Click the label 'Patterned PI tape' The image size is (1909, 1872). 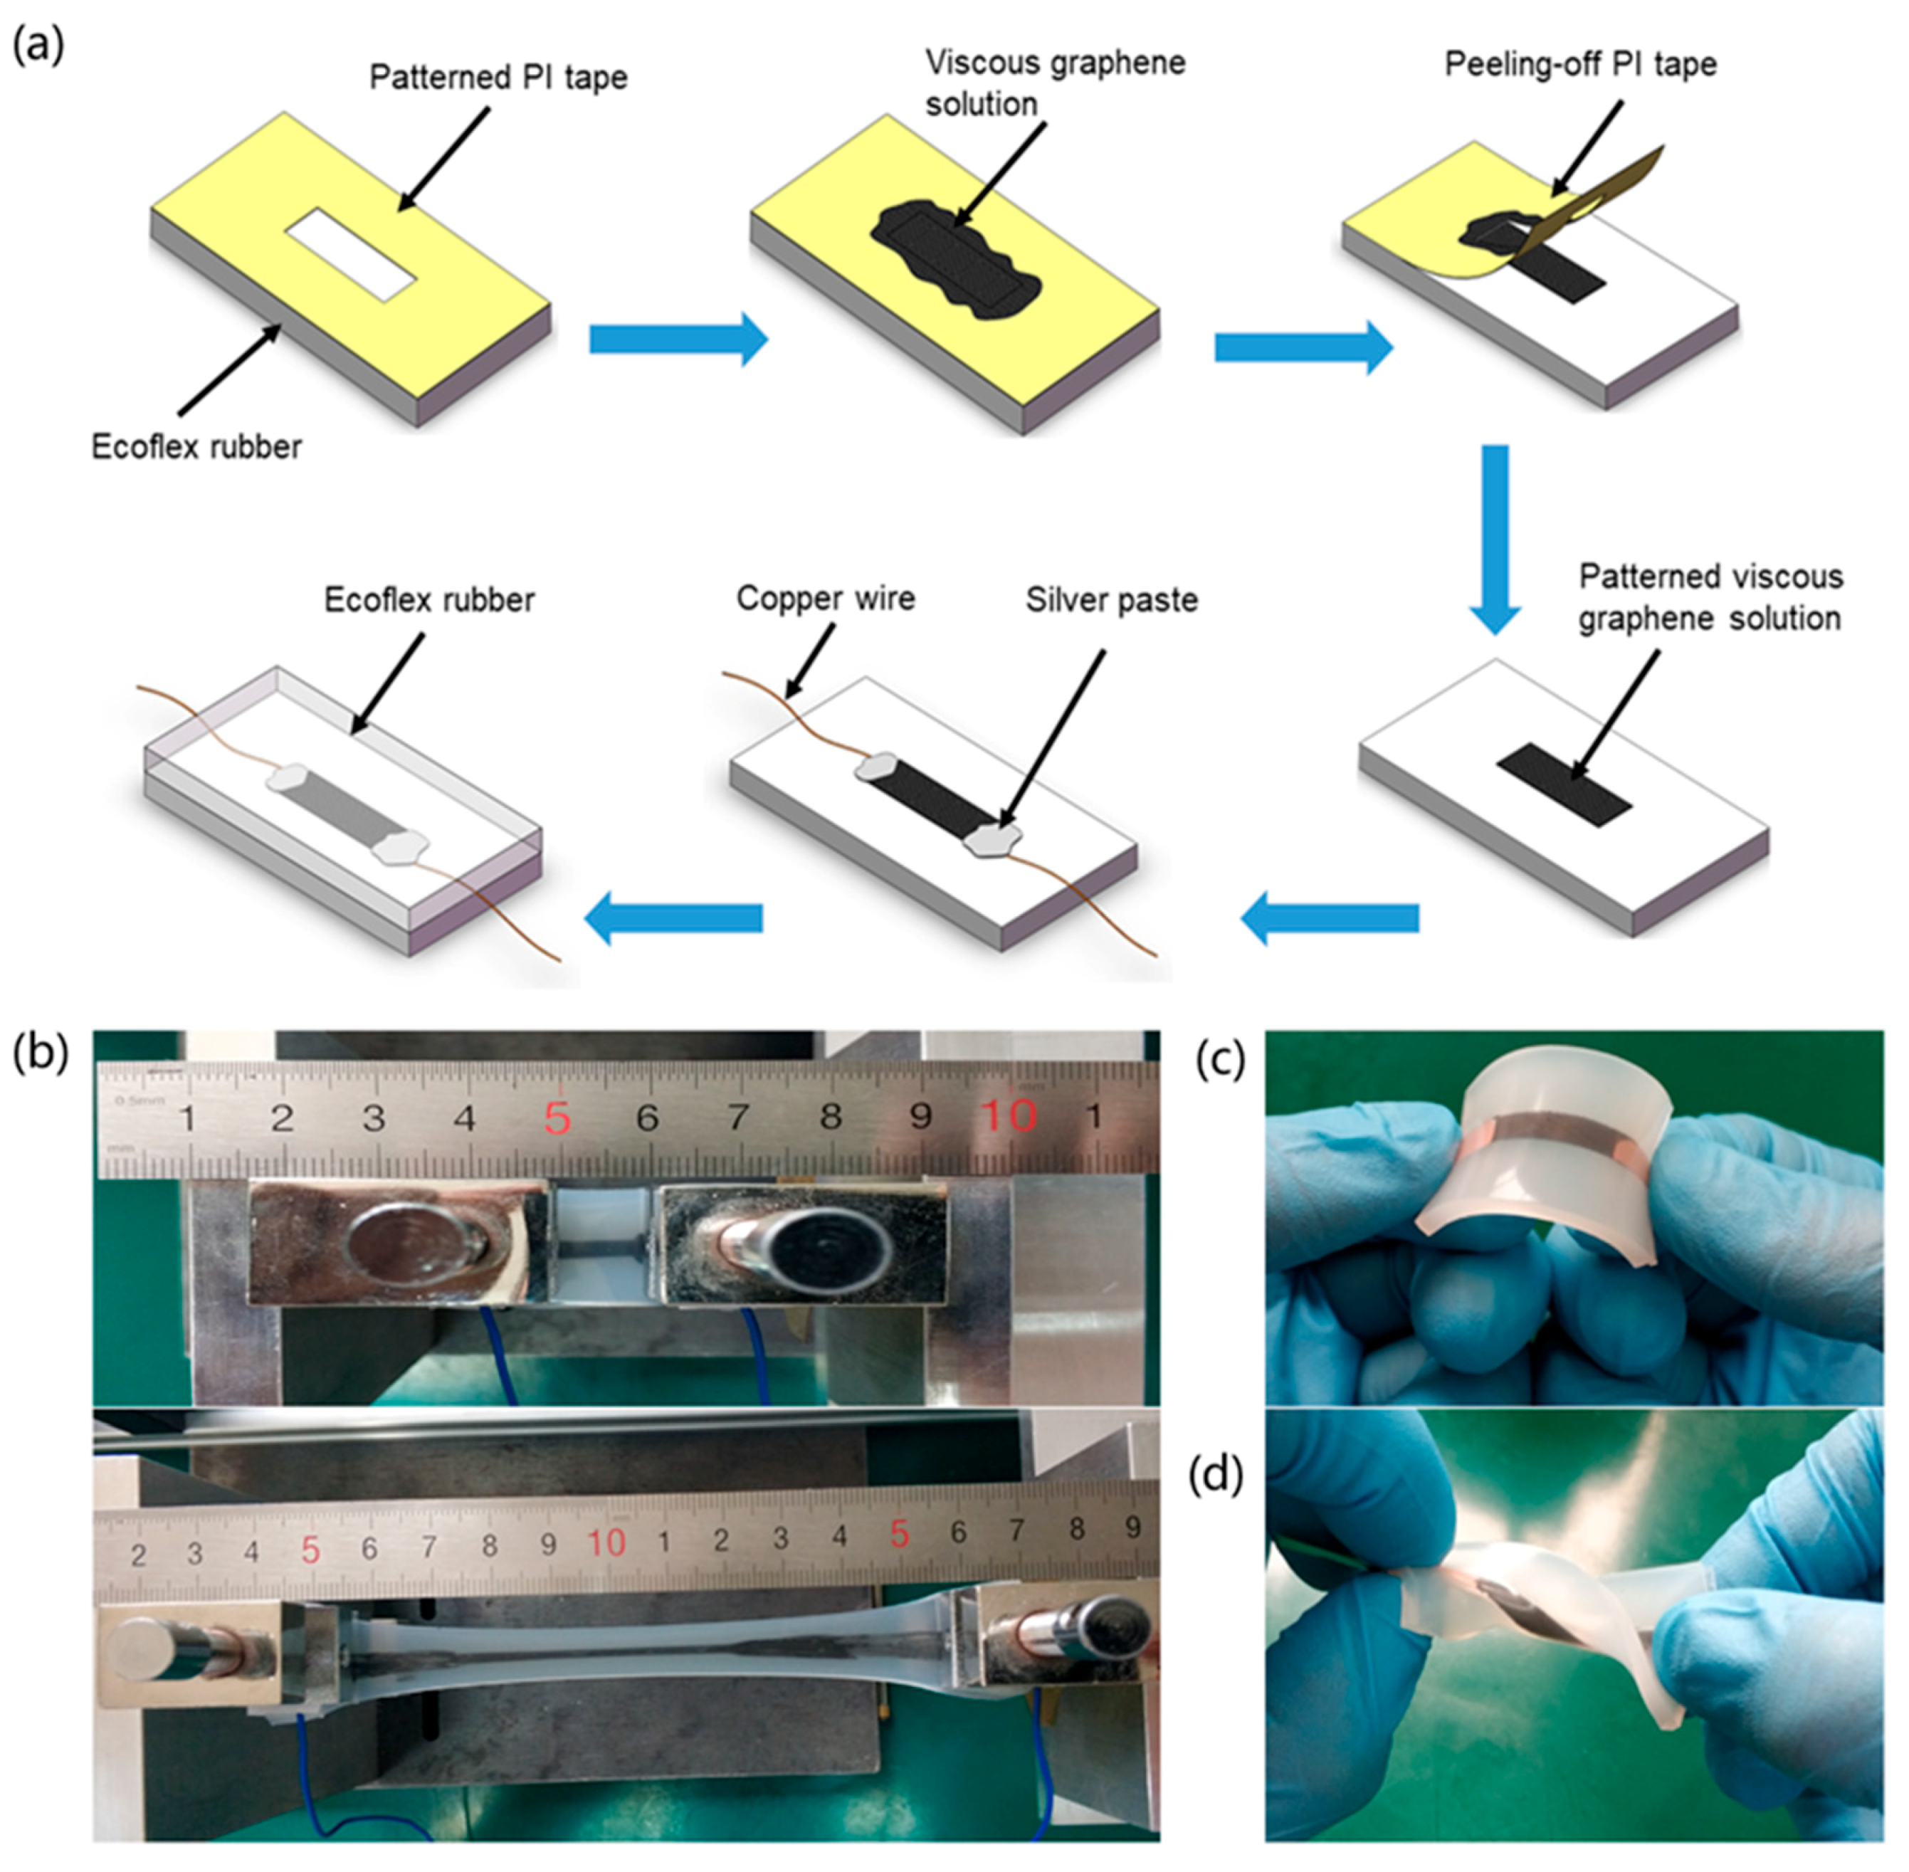(498, 78)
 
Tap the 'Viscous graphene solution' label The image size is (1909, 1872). (1055, 83)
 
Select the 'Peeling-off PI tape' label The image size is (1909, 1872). (1579, 65)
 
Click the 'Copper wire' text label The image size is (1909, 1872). (825, 598)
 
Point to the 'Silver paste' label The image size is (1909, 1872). (1111, 600)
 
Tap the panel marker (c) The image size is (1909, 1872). (1219, 1060)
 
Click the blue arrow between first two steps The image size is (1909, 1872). (678, 340)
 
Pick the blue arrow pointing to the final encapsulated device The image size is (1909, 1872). (674, 917)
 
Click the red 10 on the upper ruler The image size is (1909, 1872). (1009, 1116)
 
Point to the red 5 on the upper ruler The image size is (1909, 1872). (557, 1119)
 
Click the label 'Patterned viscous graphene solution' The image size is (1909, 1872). (1710, 596)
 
